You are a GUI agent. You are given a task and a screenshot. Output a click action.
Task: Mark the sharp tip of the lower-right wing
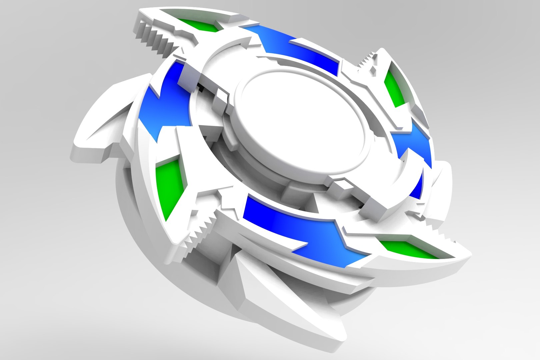coord(468,257)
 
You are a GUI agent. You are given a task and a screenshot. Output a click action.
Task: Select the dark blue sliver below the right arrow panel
coord(417,187)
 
